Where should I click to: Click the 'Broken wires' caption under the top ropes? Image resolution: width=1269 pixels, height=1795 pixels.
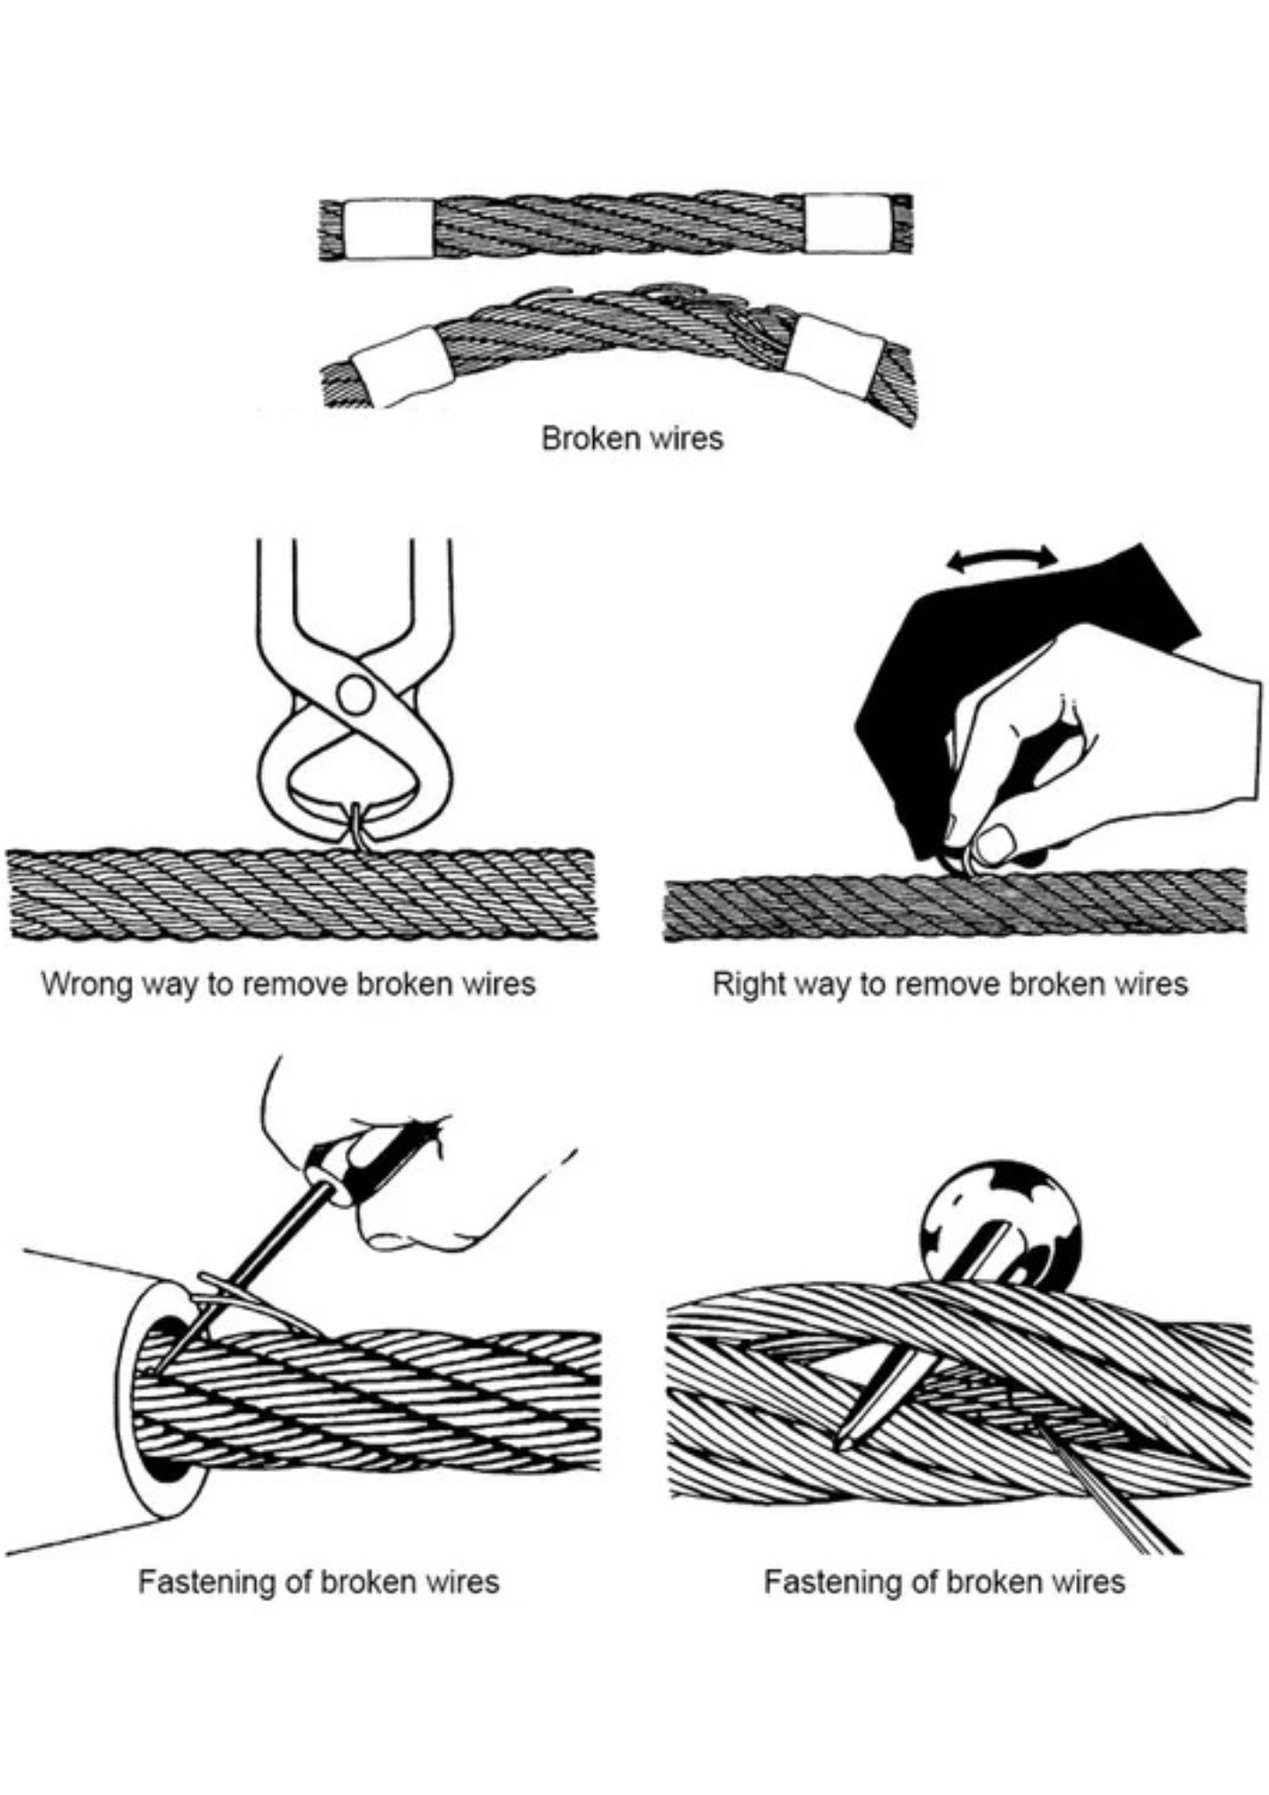pos(632,438)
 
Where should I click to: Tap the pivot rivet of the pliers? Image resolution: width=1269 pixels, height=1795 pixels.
pos(354,694)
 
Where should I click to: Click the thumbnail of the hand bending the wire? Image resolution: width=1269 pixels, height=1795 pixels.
pos(995,845)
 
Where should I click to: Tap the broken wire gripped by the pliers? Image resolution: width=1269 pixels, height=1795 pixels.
pos(360,826)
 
